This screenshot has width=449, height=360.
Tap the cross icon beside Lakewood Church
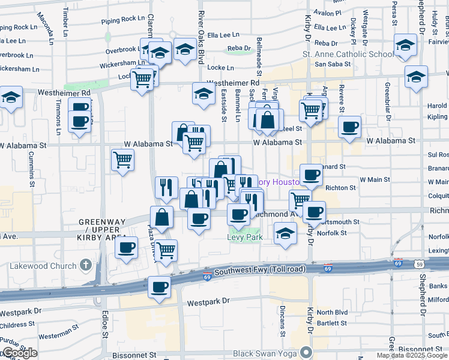pos(86,265)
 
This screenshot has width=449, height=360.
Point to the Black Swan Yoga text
pos(267,352)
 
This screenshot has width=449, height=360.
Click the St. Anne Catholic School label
pos(348,54)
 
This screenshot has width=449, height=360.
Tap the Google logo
pos(19,353)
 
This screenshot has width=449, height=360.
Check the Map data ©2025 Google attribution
pos(412,355)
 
